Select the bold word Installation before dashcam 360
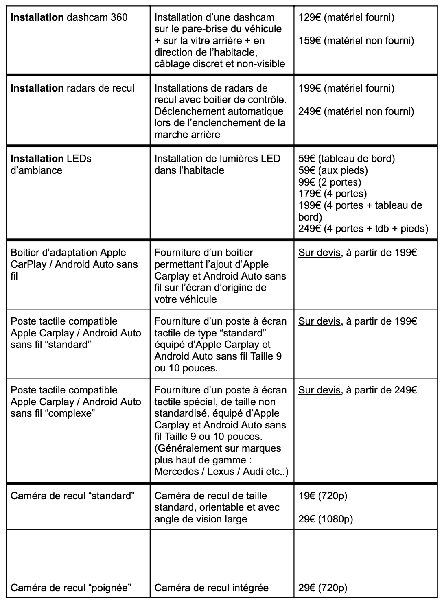37,17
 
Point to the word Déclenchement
184,111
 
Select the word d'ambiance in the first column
36,170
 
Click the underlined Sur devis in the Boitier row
319,253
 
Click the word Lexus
222,472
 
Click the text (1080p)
336,519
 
